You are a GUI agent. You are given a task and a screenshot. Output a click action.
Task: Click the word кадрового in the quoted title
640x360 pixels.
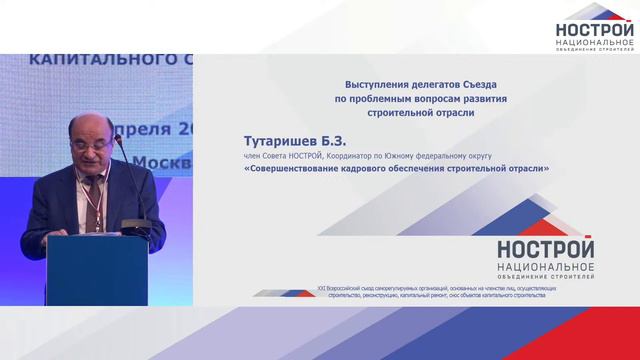point(378,169)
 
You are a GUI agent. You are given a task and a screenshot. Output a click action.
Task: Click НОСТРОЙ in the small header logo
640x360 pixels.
point(595,31)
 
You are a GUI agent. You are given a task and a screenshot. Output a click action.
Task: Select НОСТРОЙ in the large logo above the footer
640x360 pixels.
point(545,249)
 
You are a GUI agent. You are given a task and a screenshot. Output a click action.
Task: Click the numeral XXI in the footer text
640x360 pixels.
point(322,287)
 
